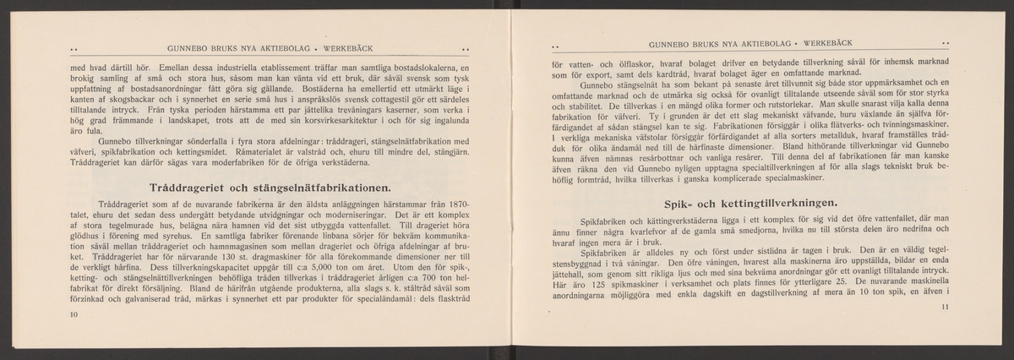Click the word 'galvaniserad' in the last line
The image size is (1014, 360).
tap(140, 303)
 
